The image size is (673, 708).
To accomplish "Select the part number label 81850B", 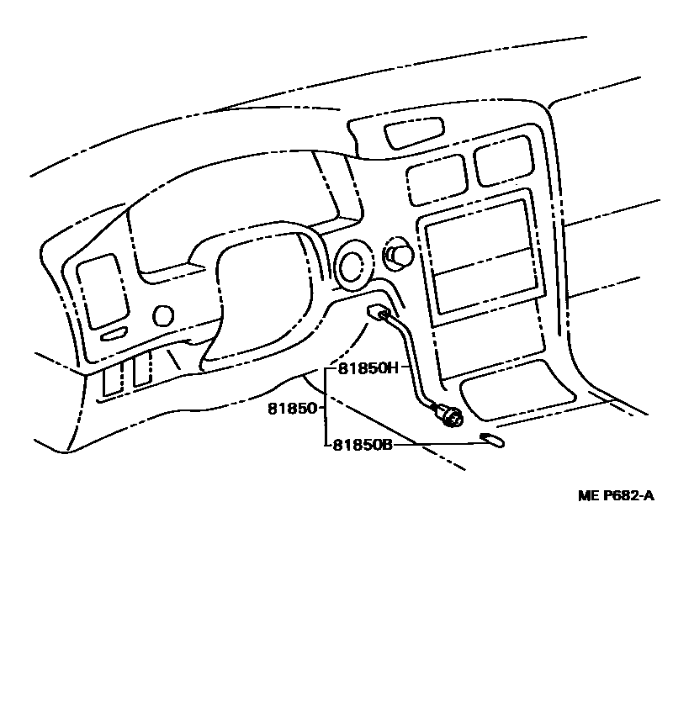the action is pyautogui.click(x=363, y=444).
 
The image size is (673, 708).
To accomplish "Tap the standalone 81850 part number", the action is pyautogui.click(x=292, y=409).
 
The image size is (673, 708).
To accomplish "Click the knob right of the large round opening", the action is pyautogui.click(x=398, y=254).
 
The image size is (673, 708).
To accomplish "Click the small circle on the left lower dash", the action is pyautogui.click(x=163, y=315).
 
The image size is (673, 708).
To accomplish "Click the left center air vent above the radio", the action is pyautogui.click(x=437, y=178).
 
